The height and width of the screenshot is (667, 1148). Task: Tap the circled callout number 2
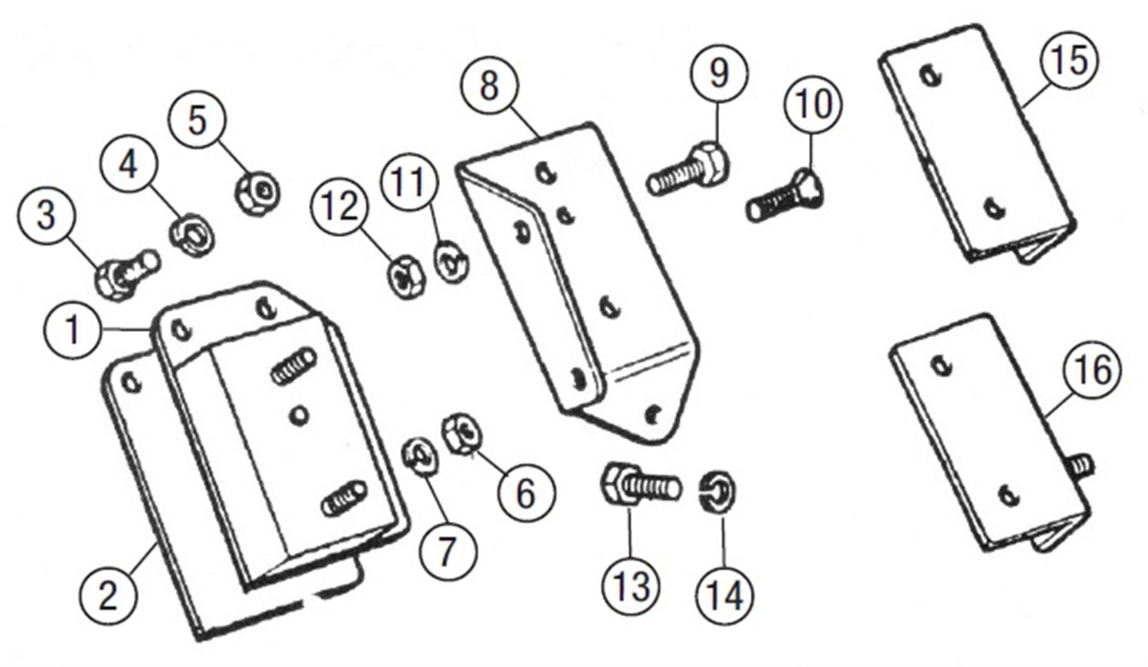coord(108,595)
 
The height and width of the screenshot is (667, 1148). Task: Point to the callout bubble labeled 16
coord(1092,370)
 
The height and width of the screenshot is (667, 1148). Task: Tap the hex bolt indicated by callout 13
coord(640,486)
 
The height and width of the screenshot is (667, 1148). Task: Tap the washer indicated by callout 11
coord(452,262)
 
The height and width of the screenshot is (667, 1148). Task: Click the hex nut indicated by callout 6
coord(462,432)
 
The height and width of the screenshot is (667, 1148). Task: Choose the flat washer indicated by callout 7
coord(420,456)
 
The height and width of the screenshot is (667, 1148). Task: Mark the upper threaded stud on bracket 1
coord(294,365)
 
